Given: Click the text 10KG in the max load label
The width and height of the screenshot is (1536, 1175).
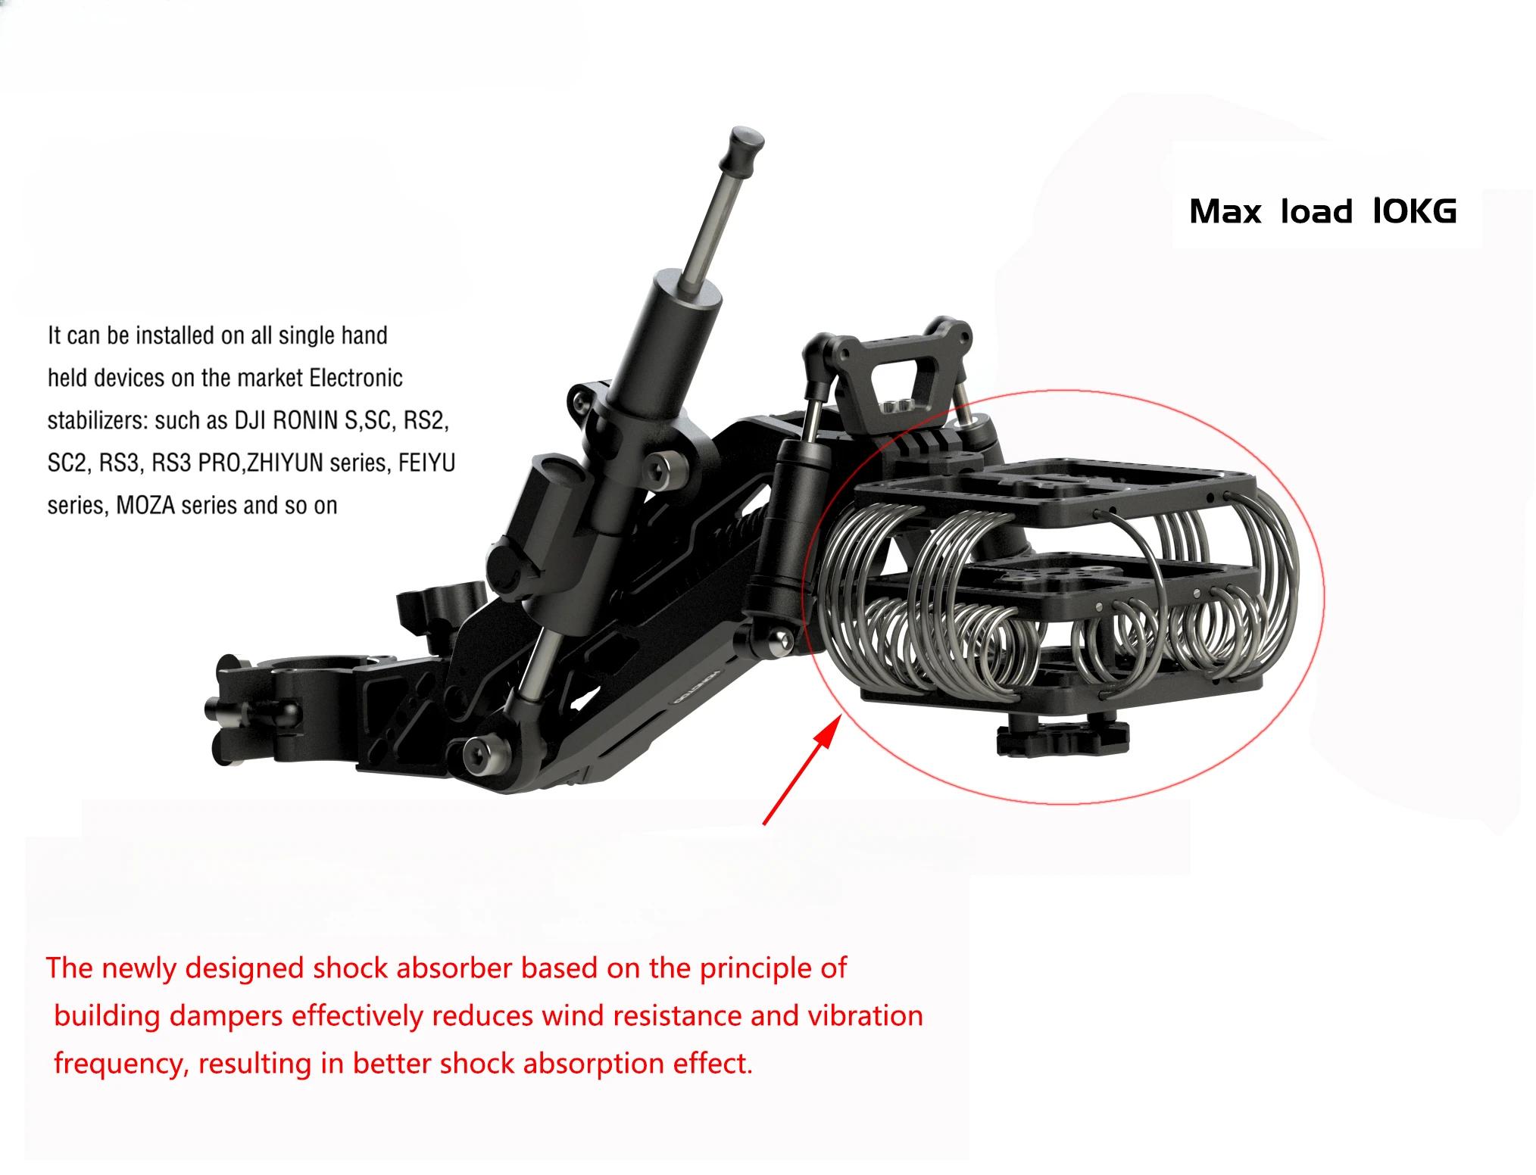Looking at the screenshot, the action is coord(1414,211).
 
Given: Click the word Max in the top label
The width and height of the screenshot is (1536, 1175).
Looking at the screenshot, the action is coord(1225,211).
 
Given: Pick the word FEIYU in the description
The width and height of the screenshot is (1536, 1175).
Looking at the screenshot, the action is coord(426,463).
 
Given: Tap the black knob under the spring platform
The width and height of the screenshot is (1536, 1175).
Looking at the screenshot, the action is coord(1062,738).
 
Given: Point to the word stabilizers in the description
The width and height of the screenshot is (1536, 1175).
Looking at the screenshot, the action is coord(97,420).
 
